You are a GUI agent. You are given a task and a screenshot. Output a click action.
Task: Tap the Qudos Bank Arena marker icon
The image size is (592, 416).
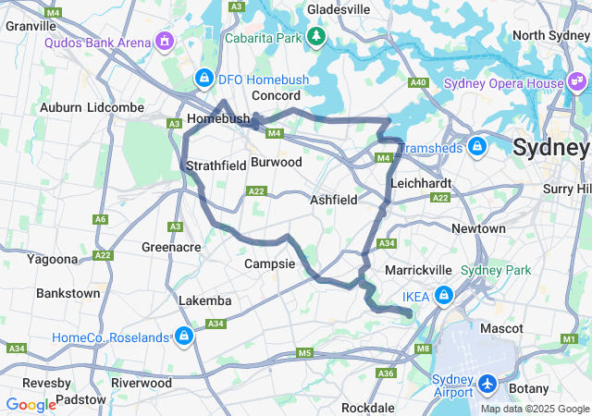(165, 41)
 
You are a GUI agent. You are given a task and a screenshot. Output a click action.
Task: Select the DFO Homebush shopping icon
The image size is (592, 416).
(203, 78)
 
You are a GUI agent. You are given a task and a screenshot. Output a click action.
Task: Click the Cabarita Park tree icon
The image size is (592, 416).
(316, 36)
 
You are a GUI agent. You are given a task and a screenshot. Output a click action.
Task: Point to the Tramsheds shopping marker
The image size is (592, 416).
(477, 146)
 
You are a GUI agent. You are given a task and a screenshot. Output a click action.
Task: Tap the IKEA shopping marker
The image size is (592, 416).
(444, 296)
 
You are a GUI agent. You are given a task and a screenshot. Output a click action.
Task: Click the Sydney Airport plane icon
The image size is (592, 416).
(487, 382)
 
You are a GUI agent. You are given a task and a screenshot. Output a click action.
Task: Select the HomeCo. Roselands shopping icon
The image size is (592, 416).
(184, 336)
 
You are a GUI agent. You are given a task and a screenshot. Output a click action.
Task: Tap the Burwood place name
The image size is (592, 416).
(277, 162)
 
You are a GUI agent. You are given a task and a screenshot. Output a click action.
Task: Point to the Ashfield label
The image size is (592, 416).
(333, 199)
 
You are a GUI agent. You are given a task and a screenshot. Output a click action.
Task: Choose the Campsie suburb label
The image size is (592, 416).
(269, 263)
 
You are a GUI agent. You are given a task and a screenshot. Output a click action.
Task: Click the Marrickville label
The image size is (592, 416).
(418, 269)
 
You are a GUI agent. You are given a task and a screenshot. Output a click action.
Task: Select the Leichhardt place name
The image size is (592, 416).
(421, 183)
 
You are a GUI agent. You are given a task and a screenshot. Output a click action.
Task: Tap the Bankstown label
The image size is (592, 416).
(68, 293)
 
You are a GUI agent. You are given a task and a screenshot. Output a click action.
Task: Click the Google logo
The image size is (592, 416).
(31, 405)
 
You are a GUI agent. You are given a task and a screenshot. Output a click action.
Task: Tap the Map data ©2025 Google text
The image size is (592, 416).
(535, 409)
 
